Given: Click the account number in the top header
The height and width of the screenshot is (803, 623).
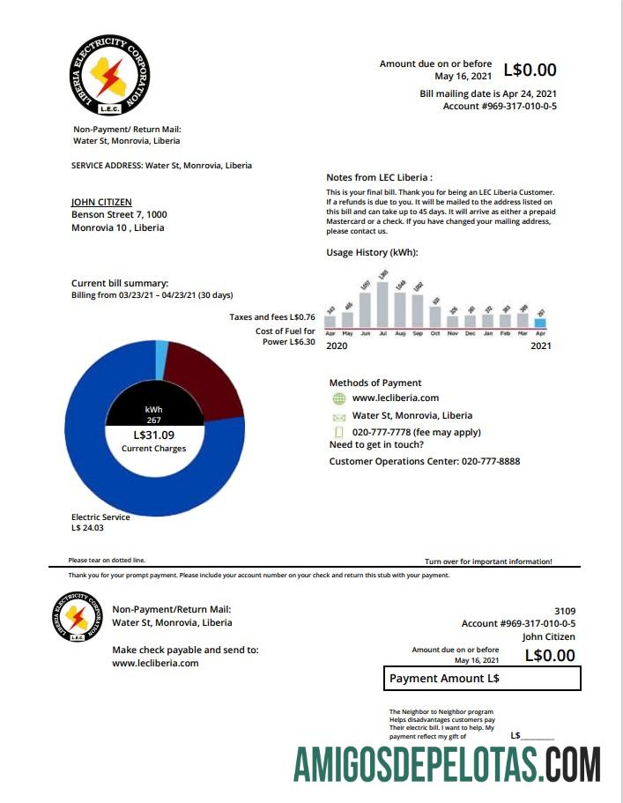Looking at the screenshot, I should (x=499, y=107).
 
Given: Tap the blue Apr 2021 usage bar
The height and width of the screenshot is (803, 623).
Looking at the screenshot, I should (x=540, y=323).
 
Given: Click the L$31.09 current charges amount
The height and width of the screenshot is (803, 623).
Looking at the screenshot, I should (x=154, y=435).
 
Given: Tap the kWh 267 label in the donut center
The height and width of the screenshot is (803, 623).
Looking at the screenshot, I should (x=153, y=414).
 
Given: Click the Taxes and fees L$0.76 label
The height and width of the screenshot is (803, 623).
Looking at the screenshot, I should (x=271, y=316).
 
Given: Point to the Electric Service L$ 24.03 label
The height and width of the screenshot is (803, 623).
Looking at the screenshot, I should (x=100, y=523).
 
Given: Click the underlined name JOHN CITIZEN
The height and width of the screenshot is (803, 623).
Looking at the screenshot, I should (x=101, y=202).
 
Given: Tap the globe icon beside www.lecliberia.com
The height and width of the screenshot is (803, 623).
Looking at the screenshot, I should (x=339, y=398).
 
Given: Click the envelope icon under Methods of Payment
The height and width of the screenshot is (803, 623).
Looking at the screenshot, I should (x=339, y=416).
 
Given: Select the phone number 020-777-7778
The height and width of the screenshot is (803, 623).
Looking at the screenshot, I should (x=387, y=432).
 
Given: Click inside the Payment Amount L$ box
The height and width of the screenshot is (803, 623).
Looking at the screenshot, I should (x=483, y=679).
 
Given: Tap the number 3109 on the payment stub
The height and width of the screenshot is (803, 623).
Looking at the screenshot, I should (x=564, y=610).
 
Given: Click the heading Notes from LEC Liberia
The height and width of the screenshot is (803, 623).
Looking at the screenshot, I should (x=379, y=177).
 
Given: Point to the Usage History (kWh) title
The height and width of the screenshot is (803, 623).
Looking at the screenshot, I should (x=372, y=253).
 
